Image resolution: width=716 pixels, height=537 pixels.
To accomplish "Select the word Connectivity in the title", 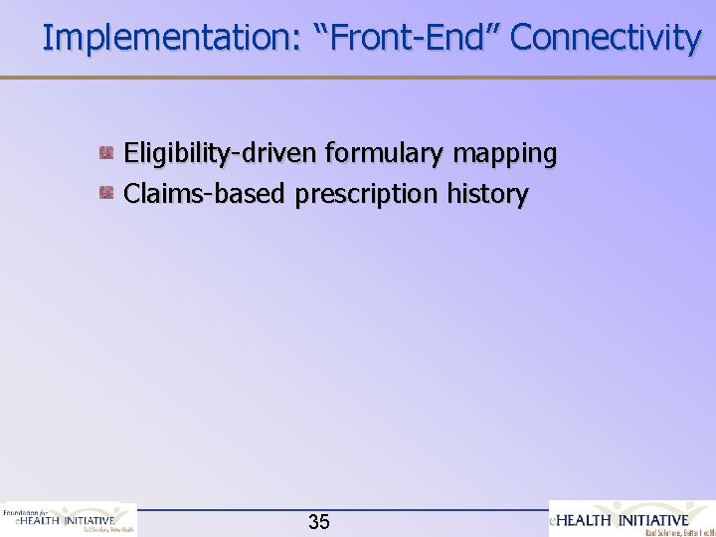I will click(x=606, y=38).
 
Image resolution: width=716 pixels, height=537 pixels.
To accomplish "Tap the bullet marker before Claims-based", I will click(x=105, y=192).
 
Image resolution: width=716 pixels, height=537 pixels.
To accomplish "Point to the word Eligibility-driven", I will click(x=220, y=154).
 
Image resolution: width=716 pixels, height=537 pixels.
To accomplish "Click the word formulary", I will click(x=387, y=154).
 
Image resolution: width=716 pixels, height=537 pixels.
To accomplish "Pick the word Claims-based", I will click(x=205, y=193).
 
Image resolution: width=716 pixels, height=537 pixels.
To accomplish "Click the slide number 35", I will click(x=319, y=522).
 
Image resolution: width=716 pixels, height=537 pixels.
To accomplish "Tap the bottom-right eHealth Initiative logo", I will click(x=632, y=518).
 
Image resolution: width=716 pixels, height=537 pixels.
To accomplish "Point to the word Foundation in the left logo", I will click(x=20, y=511).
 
